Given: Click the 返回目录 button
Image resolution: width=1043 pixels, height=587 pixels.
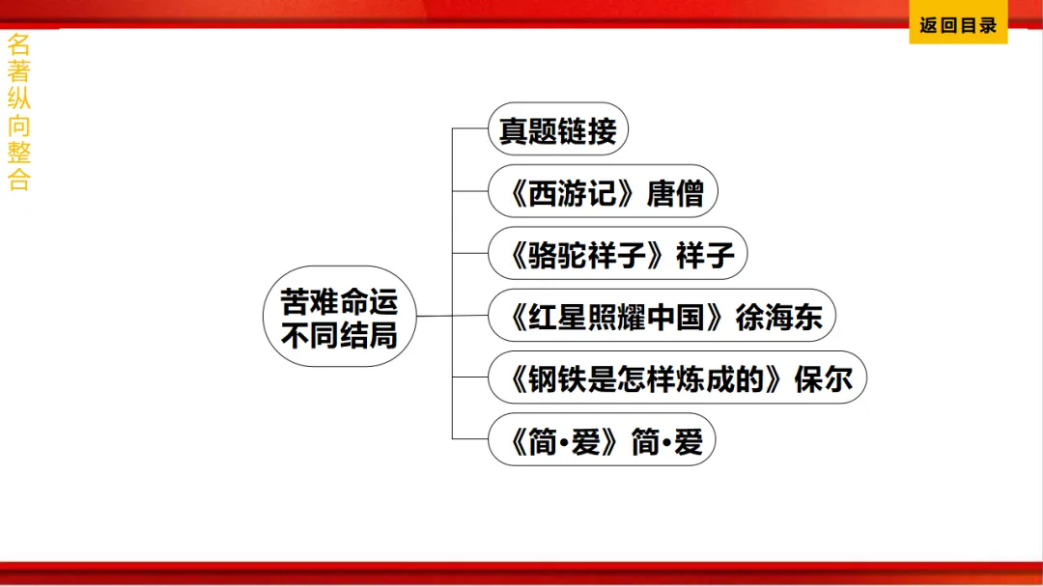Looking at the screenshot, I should tap(957, 26).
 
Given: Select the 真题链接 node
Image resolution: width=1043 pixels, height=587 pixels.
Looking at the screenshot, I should tap(557, 129).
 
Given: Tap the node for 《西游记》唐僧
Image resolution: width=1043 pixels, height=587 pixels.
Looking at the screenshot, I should tap(603, 192).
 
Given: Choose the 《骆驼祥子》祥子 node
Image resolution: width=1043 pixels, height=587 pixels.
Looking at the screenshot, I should tap(617, 254).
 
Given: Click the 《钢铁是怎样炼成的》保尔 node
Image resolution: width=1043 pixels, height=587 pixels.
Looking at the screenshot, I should tap(677, 377).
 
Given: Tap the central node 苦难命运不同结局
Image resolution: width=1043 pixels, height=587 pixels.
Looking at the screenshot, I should tap(338, 317).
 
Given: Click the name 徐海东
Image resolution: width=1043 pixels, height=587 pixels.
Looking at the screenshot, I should tap(778, 317).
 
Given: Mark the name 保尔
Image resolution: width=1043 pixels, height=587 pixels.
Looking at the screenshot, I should tap(823, 378).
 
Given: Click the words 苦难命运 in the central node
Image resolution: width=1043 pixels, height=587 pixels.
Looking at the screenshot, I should tap(338, 301).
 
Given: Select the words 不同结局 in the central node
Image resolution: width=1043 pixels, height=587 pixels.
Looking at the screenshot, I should tap(338, 334).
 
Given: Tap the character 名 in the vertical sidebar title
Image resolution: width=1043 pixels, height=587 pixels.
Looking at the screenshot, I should tap(19, 44).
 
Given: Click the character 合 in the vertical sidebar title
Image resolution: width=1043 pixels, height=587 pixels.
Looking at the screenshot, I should tap(19, 180).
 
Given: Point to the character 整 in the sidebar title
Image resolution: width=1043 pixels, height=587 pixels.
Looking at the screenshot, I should tap(19, 153).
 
